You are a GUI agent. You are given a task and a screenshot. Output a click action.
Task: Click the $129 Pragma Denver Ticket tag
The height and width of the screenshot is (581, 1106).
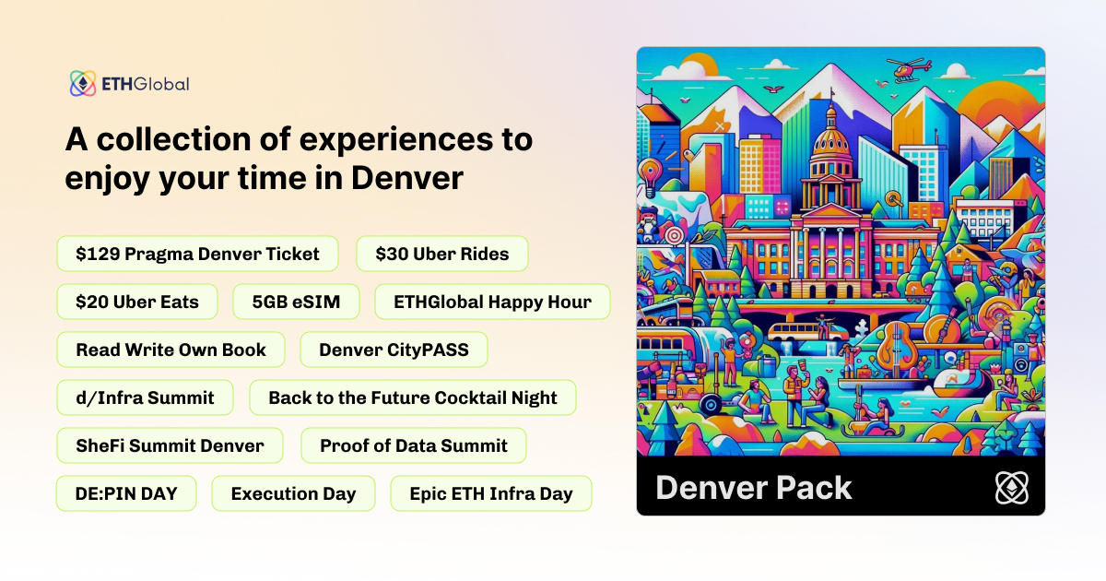pos(197,254)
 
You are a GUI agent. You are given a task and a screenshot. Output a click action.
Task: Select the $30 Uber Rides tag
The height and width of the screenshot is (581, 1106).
pos(442,254)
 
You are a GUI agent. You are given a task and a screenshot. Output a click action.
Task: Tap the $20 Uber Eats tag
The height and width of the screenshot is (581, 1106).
pos(137,302)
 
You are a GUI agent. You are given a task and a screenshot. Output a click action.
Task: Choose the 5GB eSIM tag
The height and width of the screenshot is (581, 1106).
pos(296,302)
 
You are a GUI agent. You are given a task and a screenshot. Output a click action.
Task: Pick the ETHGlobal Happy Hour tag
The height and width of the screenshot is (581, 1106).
pos(492,302)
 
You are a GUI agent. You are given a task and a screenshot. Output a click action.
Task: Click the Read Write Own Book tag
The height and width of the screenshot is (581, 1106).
pos(171,350)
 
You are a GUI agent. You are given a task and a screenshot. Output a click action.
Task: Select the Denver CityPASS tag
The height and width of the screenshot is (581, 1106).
pos(394,350)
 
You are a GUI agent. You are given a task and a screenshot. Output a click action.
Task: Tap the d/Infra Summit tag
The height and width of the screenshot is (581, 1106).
pos(146,397)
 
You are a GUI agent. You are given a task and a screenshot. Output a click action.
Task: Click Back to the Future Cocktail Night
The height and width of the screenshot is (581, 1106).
pos(413,397)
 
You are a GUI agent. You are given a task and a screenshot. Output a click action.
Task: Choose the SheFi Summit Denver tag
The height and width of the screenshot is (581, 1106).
pos(170,445)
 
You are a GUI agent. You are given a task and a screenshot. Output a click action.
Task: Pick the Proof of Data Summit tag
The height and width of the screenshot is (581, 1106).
pos(414,445)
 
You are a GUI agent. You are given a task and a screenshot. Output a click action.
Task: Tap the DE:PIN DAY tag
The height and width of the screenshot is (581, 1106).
pos(126,493)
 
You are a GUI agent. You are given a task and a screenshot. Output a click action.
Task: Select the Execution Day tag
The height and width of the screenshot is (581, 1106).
pos(293,493)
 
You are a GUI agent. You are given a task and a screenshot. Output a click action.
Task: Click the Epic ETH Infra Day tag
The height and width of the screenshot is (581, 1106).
pos(491,493)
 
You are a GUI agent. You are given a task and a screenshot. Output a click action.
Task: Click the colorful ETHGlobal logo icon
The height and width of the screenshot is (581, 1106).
pos(83,83)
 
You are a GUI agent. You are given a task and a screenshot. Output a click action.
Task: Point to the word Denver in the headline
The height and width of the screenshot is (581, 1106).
pos(407,178)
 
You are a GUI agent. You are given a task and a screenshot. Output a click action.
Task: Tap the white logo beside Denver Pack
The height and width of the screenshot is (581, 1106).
pos(1012,488)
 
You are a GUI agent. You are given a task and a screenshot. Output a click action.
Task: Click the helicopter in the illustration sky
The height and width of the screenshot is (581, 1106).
pos(910,69)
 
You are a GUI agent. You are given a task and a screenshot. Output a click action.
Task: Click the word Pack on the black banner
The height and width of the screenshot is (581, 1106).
pos(814,488)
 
